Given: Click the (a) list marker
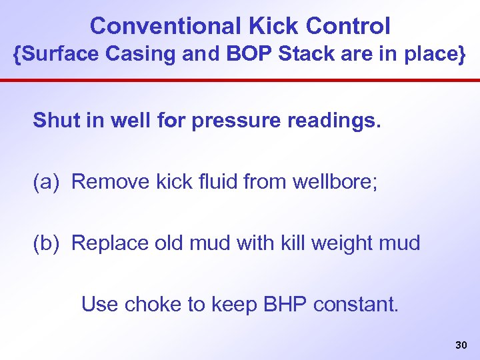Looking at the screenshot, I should coord(47,182).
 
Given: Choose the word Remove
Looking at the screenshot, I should coord(107,182).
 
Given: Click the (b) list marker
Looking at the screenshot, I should coord(47,243).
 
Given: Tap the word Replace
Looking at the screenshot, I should coord(109,243).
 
